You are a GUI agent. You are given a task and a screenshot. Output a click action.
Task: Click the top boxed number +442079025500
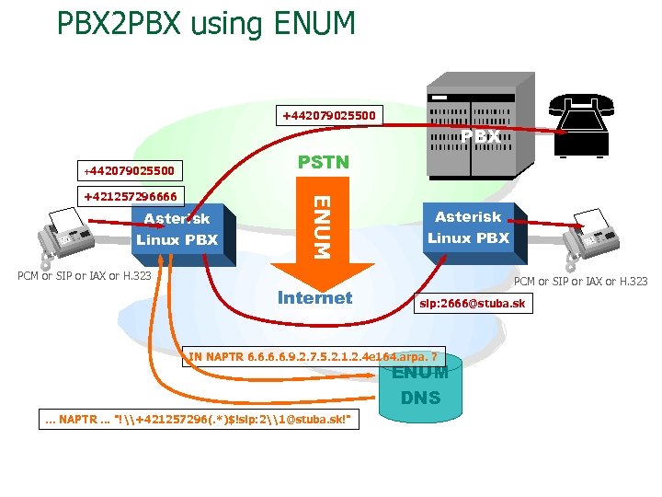(x=327, y=116)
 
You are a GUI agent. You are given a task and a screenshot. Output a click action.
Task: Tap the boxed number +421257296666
(x=131, y=195)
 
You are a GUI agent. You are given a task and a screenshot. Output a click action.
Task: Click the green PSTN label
(x=324, y=163)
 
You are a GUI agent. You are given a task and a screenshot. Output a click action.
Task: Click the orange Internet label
(x=314, y=297)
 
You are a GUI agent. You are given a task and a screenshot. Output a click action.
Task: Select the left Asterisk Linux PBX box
(x=177, y=229)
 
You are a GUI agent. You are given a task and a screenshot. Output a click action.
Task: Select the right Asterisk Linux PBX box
(x=468, y=227)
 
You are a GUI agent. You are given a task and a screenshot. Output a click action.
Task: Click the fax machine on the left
(x=67, y=237)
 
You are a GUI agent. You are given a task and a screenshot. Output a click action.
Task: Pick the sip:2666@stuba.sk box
(x=473, y=303)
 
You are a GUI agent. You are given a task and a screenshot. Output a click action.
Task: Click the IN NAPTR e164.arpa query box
(x=314, y=356)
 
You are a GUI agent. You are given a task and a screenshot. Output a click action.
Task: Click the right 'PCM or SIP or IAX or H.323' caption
(x=580, y=282)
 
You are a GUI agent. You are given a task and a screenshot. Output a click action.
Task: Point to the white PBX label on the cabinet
(x=480, y=136)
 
